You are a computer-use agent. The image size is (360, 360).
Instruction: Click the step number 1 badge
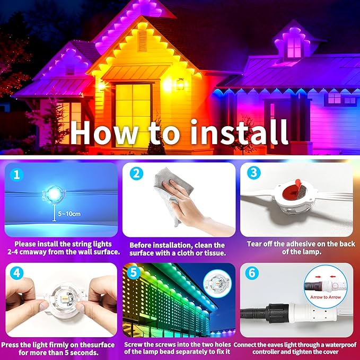17,174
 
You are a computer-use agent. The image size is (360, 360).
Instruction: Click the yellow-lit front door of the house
132,106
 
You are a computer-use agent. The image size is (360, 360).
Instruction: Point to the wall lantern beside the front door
180,84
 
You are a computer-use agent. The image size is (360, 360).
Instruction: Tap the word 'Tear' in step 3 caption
256,244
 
